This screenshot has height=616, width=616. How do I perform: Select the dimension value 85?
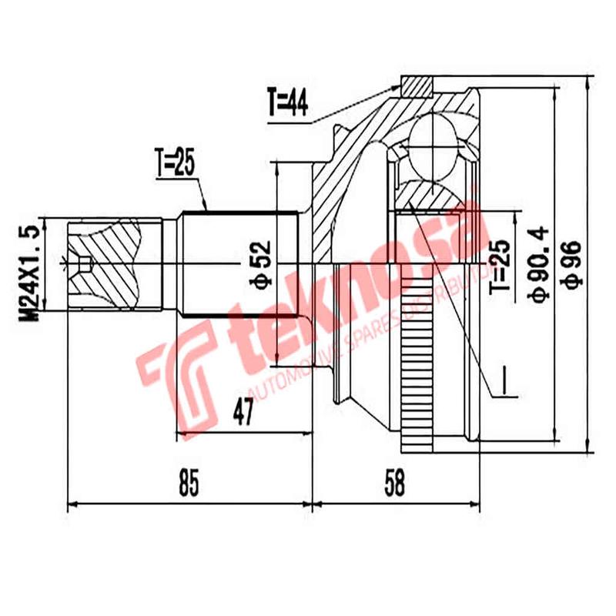coord(189,484)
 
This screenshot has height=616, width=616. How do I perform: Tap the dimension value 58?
coord(393,484)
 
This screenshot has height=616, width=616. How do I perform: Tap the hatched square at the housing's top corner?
coord(417,85)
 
